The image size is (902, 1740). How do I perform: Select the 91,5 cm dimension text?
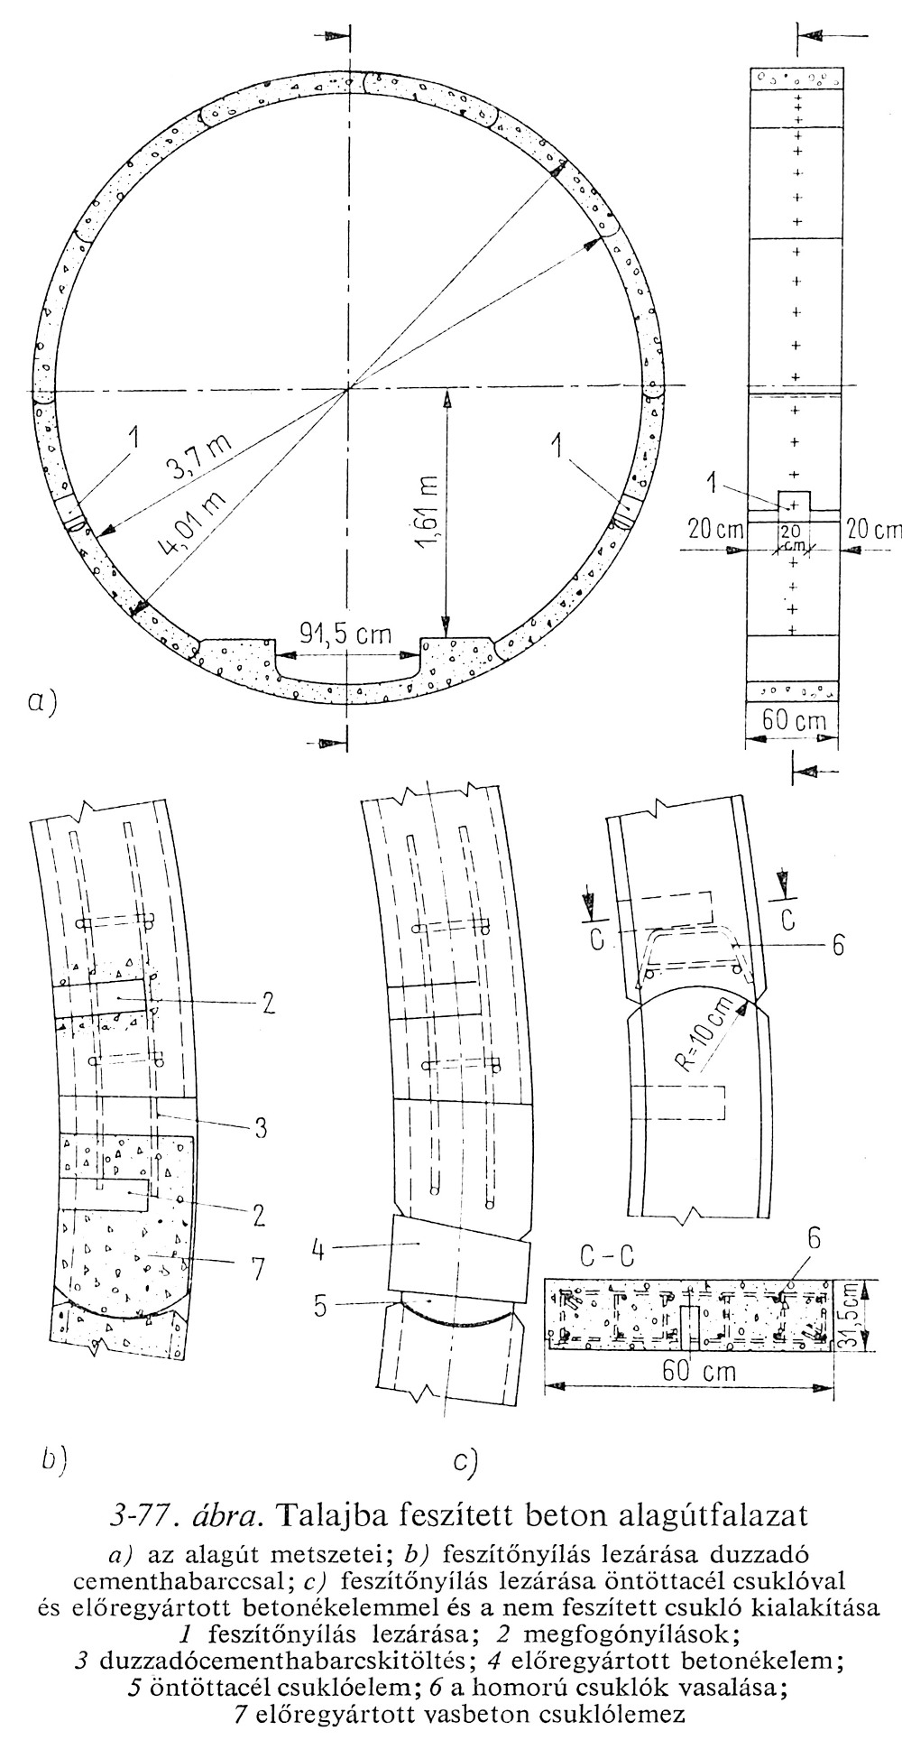[346, 634]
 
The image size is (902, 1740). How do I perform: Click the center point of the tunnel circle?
[347, 390]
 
